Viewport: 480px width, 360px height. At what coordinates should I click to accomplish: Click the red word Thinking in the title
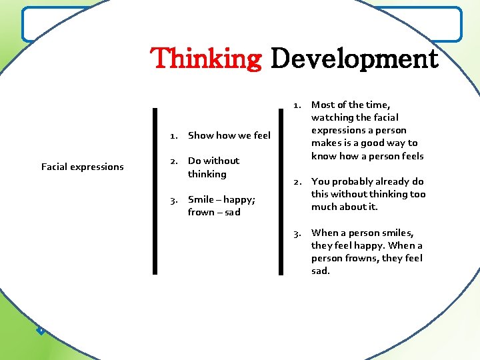[x=207, y=59]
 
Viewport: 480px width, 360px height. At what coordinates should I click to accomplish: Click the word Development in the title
[x=354, y=59]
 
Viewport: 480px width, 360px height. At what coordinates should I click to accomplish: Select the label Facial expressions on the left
[x=83, y=167]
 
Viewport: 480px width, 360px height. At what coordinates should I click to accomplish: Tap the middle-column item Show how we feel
[x=229, y=135]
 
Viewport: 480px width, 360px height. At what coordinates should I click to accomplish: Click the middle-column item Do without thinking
[x=213, y=167]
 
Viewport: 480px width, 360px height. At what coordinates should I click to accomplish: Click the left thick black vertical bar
[x=155, y=191]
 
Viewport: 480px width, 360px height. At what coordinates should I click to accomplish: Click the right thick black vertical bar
[x=280, y=191]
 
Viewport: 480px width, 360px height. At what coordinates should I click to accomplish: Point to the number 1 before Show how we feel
[x=173, y=135]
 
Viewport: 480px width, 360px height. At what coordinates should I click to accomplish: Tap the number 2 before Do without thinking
[x=173, y=161]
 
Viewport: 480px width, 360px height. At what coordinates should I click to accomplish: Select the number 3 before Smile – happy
[x=173, y=199]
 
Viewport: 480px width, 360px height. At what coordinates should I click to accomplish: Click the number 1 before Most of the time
[x=297, y=105]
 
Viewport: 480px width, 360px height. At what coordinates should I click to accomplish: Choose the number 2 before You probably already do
[x=297, y=181]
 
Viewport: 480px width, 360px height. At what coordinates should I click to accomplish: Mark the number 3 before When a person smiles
[x=297, y=233]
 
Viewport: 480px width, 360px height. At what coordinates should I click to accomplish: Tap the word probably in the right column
[x=355, y=181]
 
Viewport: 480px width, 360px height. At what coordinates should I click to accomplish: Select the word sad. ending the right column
[x=321, y=271]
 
